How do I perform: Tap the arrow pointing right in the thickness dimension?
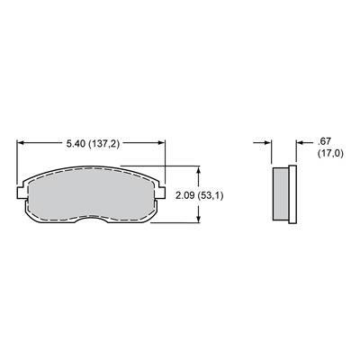pos(268,141)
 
